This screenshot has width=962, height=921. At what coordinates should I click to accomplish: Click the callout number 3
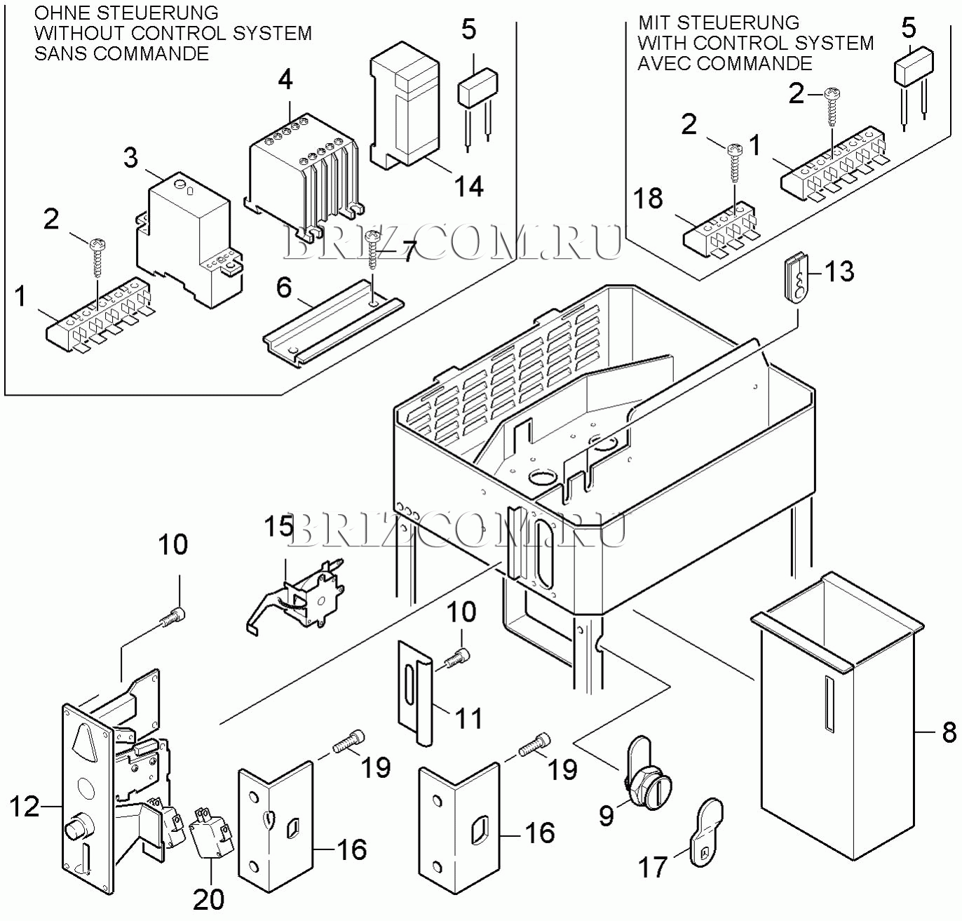point(131,158)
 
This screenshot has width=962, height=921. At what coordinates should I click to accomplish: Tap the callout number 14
point(468,187)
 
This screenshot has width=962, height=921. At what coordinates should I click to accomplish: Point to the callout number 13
point(839,271)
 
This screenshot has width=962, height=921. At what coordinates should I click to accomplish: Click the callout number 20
point(208,899)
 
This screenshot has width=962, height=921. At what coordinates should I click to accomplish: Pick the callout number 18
point(649,199)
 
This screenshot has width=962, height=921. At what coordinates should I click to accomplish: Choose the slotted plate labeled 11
point(415,691)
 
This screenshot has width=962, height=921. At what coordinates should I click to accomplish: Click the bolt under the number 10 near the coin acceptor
point(172,619)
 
